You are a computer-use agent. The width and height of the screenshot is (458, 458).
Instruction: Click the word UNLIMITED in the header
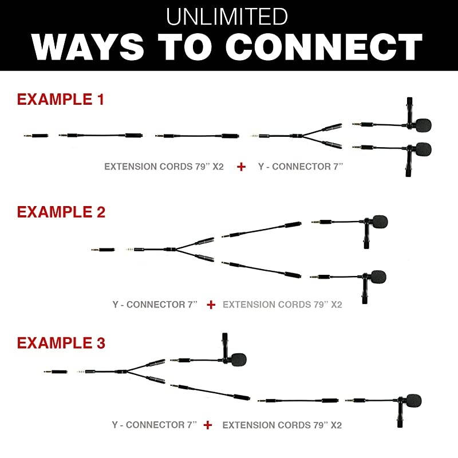(x=227, y=17)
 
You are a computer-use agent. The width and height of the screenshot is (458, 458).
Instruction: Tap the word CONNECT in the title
(x=324, y=47)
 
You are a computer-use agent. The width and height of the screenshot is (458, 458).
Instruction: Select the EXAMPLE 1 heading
(x=61, y=99)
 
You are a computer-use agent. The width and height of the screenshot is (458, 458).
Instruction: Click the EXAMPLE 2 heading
(x=61, y=212)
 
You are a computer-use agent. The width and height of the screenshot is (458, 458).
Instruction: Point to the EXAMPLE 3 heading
(x=61, y=343)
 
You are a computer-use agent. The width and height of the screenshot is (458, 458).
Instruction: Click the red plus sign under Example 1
(x=241, y=167)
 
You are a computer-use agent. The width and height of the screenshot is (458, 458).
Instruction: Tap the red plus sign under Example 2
(x=211, y=305)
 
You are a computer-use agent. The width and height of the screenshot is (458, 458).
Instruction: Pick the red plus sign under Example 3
(x=208, y=425)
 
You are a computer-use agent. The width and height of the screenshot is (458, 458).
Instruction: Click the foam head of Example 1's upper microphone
(x=423, y=125)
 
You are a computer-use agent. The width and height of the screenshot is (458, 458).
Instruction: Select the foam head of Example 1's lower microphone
(x=423, y=149)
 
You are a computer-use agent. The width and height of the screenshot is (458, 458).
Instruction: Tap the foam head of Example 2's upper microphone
(x=380, y=222)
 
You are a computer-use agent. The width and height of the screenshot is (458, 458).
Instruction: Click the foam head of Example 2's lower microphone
(x=378, y=277)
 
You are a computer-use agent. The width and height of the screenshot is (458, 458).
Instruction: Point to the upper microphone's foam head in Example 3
(x=239, y=360)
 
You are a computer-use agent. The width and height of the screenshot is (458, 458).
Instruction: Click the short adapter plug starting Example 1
(x=36, y=136)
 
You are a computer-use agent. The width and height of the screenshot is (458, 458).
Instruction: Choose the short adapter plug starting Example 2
(x=103, y=250)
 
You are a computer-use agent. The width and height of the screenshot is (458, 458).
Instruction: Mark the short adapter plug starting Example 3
(x=56, y=372)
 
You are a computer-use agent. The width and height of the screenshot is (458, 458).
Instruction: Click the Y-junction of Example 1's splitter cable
(x=301, y=136)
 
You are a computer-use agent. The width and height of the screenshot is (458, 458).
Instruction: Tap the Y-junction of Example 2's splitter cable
(x=174, y=250)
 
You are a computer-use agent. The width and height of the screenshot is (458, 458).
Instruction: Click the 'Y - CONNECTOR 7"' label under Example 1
(x=301, y=167)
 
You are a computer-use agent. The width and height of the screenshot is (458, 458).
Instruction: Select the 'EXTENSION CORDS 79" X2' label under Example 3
(x=282, y=425)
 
